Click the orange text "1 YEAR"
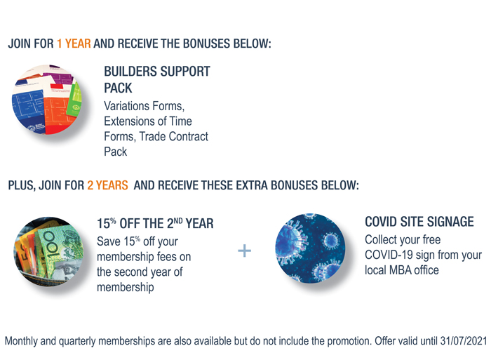tap(74, 44)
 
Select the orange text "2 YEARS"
tap(107, 185)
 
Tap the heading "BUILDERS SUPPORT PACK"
tap(157, 79)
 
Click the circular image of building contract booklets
tap(47, 100)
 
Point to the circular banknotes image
tap(49, 251)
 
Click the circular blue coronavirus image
tap(310, 248)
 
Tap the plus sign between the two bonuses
tap(245, 251)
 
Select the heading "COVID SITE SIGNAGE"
tap(419, 222)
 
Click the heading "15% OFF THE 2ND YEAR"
tap(155, 223)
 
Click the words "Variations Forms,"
tap(144, 106)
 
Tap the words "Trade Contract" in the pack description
tap(173, 136)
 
